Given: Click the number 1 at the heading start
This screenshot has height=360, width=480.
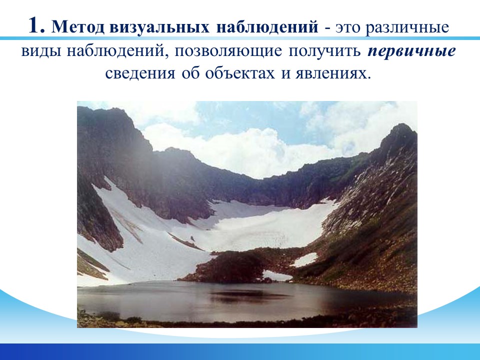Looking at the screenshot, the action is click(x=37, y=25).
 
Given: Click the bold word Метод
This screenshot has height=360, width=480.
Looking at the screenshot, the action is click(x=78, y=27).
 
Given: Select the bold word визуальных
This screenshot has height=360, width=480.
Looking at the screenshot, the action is click(x=159, y=27).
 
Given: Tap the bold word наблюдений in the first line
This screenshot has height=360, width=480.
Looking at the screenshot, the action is click(x=267, y=27).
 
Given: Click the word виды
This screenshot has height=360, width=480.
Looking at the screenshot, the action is click(x=41, y=51).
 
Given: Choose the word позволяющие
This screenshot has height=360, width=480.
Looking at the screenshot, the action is click(x=228, y=51).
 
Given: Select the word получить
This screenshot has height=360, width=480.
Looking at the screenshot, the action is click(x=324, y=51).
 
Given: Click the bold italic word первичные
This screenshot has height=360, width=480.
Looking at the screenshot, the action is click(x=411, y=51).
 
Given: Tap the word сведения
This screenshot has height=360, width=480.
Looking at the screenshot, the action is click(x=140, y=73).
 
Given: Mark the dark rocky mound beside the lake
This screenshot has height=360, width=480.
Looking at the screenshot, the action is click(x=226, y=267).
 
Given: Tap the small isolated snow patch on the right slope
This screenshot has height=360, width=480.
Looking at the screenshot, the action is click(x=304, y=259).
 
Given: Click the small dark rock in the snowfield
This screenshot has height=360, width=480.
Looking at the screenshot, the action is click(x=192, y=238).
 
